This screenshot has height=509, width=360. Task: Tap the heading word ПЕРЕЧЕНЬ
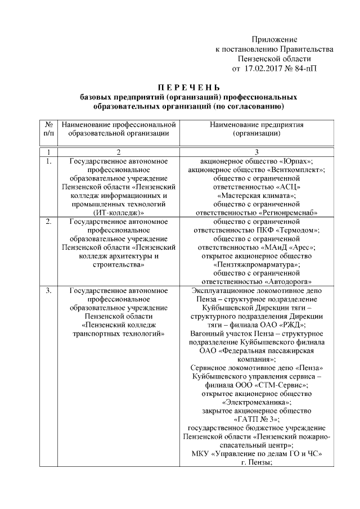(x=188, y=87)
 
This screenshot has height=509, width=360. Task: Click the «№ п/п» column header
(x=48, y=129)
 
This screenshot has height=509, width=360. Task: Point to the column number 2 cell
(x=118, y=152)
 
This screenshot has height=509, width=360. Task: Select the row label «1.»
(x=48, y=161)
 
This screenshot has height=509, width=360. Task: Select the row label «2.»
(x=48, y=222)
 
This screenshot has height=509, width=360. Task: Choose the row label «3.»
(x=48, y=291)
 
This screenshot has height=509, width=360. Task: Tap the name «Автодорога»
(x=290, y=281)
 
